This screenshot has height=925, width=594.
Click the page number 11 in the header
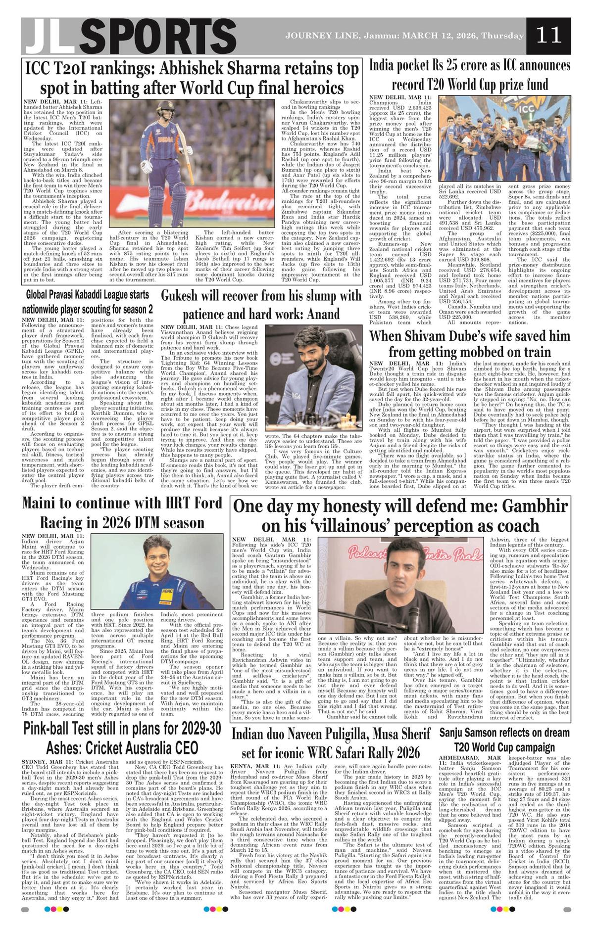tap(548, 35)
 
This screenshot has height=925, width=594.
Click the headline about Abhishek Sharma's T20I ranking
tap(192, 78)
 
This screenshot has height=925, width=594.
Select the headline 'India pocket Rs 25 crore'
tap(470, 74)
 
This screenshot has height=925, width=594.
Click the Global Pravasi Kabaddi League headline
tap(87, 302)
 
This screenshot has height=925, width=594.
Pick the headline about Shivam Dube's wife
tap(470, 344)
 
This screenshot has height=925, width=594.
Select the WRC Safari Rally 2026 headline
tap(331, 742)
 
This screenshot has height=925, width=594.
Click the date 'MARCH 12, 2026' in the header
tap(439, 36)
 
